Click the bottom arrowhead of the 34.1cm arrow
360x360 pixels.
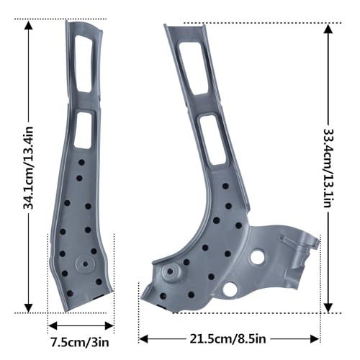click(x=29, y=307)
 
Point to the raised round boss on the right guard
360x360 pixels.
click(x=171, y=272)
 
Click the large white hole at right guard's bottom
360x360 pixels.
click(x=229, y=289)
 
